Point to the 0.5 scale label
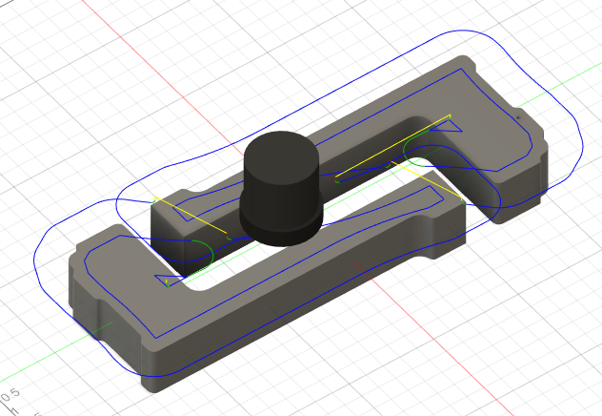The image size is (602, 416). [x=11, y=394]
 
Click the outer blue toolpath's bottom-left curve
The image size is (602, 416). [x=52, y=286]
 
